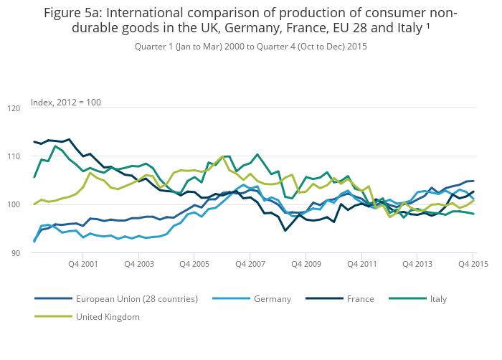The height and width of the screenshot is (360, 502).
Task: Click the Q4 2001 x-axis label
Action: click(x=82, y=265)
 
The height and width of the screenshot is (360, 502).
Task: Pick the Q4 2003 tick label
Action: click(x=138, y=265)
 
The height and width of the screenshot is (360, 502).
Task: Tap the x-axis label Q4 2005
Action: click(x=194, y=265)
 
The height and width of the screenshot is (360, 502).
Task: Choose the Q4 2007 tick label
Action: click(x=250, y=265)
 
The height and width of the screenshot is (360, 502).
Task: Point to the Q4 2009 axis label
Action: click(x=306, y=265)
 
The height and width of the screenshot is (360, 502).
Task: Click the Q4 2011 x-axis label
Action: click(x=361, y=265)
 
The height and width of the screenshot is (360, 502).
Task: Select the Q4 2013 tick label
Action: click(x=417, y=265)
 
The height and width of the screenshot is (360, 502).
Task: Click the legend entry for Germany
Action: click(x=272, y=298)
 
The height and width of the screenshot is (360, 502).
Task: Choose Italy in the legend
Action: click(x=438, y=298)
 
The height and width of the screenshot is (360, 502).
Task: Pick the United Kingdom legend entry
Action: click(x=108, y=316)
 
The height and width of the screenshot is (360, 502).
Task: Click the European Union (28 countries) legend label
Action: click(x=137, y=298)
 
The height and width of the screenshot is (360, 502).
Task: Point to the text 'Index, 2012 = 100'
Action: click(x=66, y=103)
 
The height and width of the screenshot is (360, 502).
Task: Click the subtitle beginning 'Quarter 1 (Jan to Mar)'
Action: click(x=250, y=46)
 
